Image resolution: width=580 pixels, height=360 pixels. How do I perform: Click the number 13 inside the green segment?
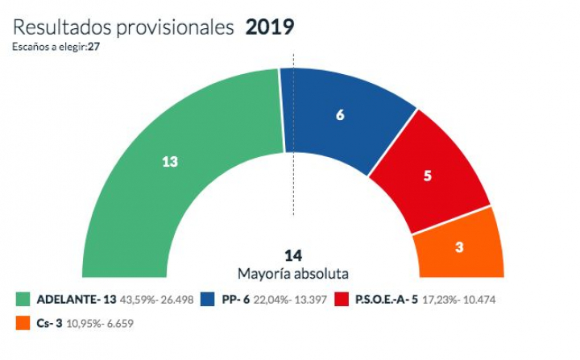point(169,161)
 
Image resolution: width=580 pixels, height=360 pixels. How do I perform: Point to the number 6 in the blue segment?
point(340,115)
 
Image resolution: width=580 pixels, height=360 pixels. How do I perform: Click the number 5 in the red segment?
point(427,175)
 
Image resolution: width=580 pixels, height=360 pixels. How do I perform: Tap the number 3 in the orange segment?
point(458,247)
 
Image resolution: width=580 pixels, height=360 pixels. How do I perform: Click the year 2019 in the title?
point(269,27)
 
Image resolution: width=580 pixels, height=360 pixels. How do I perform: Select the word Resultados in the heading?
point(61,27)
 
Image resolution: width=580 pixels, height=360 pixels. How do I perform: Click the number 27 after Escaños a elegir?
point(94,47)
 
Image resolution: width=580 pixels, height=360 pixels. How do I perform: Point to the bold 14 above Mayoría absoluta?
point(293,256)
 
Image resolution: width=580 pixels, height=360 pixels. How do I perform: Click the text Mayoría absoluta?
point(293,273)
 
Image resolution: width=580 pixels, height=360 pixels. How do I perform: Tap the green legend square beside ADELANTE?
point(22,300)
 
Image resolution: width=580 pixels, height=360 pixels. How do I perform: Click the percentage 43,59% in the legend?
point(137,300)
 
